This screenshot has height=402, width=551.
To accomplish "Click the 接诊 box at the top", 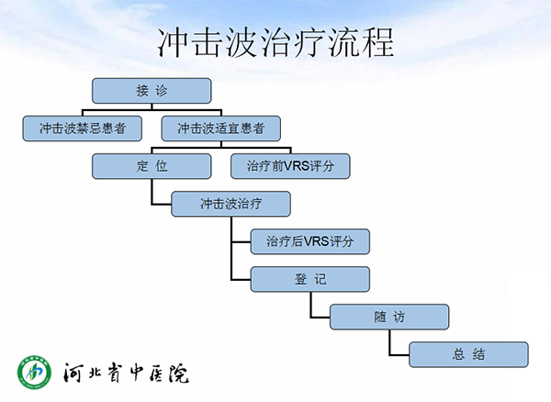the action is click(x=152, y=91).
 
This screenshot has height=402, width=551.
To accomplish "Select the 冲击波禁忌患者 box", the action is click(x=83, y=128).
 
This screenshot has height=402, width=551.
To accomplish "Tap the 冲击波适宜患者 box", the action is click(x=220, y=128).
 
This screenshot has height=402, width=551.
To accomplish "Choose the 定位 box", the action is click(x=152, y=166).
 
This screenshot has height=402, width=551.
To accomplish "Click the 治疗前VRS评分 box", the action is click(x=290, y=166).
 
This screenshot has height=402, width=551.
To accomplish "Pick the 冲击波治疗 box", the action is click(x=231, y=204).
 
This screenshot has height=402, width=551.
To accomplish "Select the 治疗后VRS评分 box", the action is click(x=310, y=241).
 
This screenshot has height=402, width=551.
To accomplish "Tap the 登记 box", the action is click(x=310, y=279).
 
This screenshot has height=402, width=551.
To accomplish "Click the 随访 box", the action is click(x=389, y=317).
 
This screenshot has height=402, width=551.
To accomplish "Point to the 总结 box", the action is click(x=468, y=354).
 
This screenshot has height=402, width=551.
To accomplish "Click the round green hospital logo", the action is click(x=34, y=372).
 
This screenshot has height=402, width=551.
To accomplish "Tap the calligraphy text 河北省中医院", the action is click(x=126, y=373).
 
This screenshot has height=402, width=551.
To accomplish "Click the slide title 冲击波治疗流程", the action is click(x=275, y=43).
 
